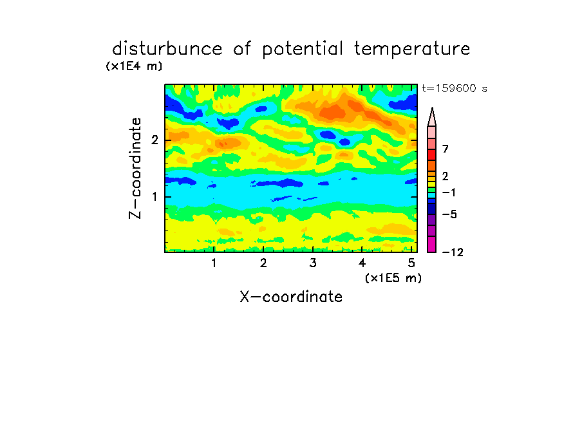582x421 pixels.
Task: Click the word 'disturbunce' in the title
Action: point(167,48)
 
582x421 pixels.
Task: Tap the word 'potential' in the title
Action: point(303,49)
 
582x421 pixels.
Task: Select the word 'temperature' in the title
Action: point(412,49)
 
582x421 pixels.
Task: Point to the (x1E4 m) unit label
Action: point(134,66)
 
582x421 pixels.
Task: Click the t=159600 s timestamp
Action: point(455,88)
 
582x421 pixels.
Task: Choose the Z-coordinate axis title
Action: point(135,168)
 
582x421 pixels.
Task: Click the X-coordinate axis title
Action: point(291,297)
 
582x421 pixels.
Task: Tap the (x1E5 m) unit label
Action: point(393,278)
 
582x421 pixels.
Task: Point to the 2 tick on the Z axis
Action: point(155,140)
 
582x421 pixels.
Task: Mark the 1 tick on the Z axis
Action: point(155,197)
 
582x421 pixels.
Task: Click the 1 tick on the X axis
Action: point(214,263)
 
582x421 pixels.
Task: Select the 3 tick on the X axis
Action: point(313,263)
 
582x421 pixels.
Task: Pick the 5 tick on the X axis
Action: point(411,263)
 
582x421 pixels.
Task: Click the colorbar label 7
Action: point(446,149)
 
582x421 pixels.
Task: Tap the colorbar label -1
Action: point(449,192)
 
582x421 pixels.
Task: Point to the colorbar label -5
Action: point(449,214)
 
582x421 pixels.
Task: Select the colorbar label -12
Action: point(453,252)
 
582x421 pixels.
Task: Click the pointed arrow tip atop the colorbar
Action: point(432,108)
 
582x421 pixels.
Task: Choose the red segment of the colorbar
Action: point(432,154)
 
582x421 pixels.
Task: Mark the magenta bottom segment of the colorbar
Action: point(432,244)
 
